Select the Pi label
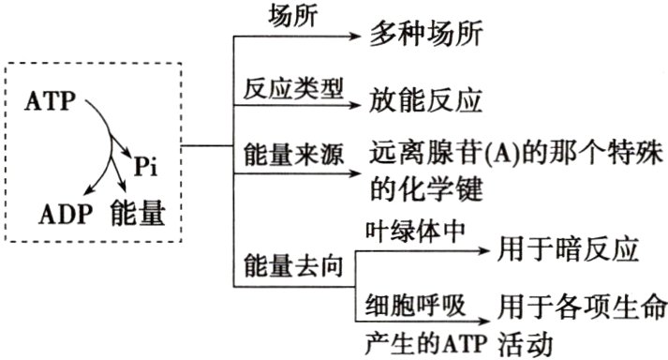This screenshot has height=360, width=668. pyautogui.click(x=145, y=166)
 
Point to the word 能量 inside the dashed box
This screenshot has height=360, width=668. pyautogui.click(x=138, y=213)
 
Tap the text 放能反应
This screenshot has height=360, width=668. pyautogui.click(x=416, y=98)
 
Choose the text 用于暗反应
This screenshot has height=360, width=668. pyautogui.click(x=570, y=250)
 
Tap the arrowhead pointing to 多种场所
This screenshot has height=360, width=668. pyautogui.click(x=353, y=37)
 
